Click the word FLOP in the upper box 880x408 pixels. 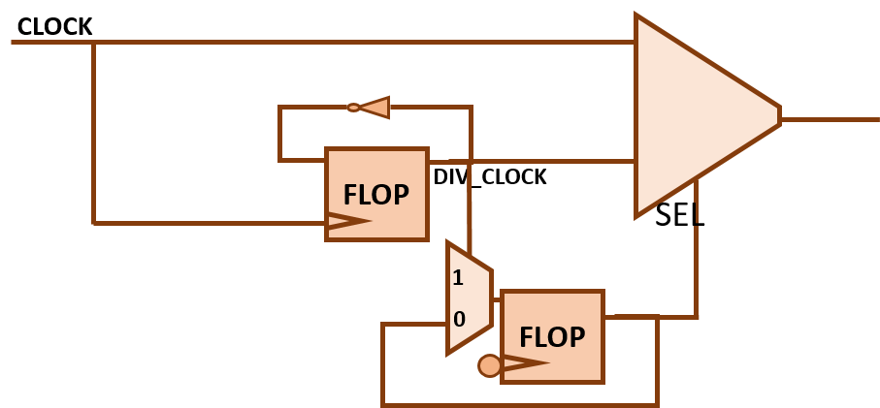(x=375, y=194)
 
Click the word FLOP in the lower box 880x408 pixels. (x=552, y=336)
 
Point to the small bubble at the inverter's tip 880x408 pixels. (x=353, y=108)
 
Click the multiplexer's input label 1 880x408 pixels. (x=458, y=278)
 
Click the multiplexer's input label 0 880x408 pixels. (x=459, y=319)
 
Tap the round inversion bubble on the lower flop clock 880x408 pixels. (x=490, y=365)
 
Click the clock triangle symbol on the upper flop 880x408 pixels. (x=347, y=222)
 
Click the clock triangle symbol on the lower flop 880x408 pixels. (x=525, y=364)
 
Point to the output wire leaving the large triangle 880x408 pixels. (x=830, y=119)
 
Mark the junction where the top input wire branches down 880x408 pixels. (x=93, y=43)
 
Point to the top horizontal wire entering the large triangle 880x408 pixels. (x=388, y=43)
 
